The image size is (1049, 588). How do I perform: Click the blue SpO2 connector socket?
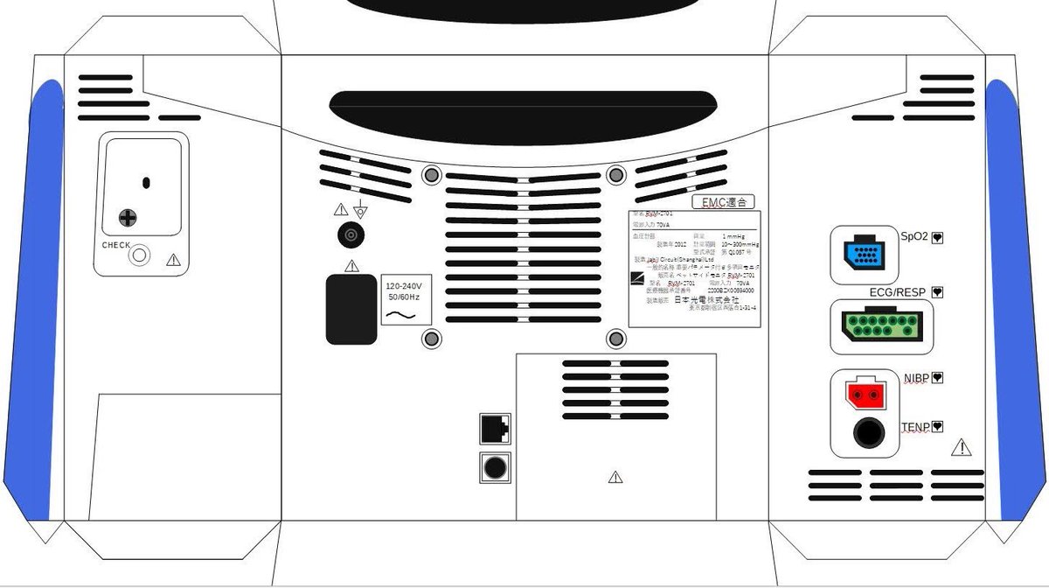[865, 255]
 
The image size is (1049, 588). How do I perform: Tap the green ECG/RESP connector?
[880, 328]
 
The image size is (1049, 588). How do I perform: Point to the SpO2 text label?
[914, 236]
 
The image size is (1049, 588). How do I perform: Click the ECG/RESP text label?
[898, 292]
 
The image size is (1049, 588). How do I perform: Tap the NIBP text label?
[917, 378]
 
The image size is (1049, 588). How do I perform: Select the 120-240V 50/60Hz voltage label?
[404, 299]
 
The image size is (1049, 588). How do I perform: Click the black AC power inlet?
[351, 309]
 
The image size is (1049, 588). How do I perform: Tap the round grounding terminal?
[351, 235]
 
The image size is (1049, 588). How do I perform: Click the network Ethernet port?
[495, 430]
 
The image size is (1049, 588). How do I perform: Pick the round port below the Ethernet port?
[495, 467]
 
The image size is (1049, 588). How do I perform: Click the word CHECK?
[116, 245]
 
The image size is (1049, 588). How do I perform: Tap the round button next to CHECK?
[139, 256]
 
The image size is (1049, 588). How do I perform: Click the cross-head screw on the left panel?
[129, 217]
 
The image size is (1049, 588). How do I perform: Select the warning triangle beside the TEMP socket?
[962, 448]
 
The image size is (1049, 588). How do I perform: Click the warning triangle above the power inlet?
[351, 265]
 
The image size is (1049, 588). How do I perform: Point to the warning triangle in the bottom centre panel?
[615, 478]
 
